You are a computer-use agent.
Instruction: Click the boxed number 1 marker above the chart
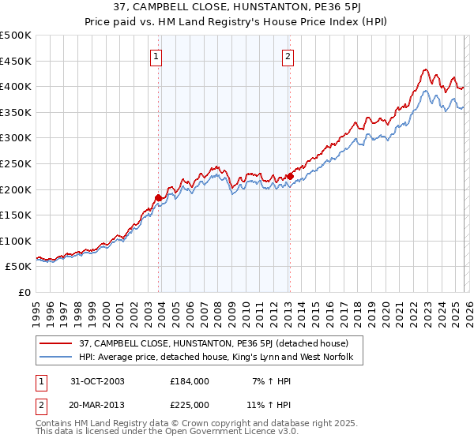tap(156, 56)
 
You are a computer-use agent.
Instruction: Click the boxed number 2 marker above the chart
tap(288, 56)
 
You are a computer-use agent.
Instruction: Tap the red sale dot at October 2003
tap(159, 197)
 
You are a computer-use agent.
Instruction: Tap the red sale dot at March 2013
tap(290, 176)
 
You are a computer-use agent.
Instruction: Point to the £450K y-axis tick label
tap(16, 61)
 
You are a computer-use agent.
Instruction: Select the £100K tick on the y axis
tap(16, 241)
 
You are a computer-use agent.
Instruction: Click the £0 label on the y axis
tap(24, 292)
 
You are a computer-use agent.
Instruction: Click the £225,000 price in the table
tap(190, 404)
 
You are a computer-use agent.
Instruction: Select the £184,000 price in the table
tap(190, 381)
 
